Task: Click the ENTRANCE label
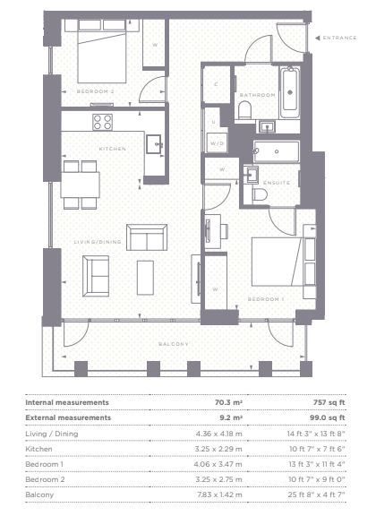339,38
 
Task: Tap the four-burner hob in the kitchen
102,122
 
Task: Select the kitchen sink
155,144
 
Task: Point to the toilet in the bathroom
244,109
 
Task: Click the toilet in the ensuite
260,194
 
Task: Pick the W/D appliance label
218,143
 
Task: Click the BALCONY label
174,344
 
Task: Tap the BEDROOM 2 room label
96,91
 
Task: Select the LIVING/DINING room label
98,242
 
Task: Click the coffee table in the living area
145,278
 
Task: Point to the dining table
81,185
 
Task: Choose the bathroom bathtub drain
290,92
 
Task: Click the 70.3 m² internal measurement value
228,402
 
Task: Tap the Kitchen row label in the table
38,449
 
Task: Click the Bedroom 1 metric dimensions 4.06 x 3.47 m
218,464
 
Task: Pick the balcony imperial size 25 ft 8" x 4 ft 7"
317,494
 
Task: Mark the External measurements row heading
68,417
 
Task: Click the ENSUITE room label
277,183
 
